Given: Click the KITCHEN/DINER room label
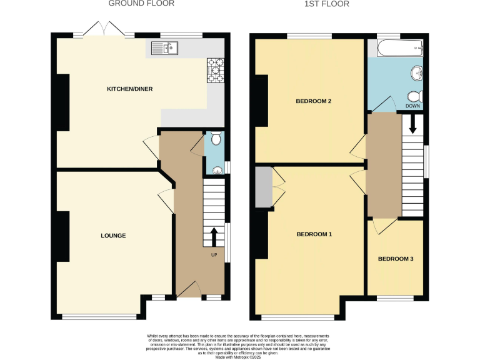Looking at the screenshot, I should coord(129,89).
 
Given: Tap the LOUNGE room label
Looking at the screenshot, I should coord(113,236).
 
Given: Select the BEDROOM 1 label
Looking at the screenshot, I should coord(314,234).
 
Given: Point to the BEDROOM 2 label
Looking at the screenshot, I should coord(313,101).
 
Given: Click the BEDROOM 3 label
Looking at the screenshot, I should coord(396,259).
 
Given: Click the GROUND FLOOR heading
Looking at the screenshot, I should coord(141,4).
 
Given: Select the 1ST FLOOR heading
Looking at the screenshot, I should coord(326,4).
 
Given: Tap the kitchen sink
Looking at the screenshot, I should coord(165,47).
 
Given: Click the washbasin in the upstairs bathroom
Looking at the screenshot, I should coord(416,74).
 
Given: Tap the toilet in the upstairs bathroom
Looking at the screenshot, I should coord(414,97).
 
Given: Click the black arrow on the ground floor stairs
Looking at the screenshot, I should coord(214,237).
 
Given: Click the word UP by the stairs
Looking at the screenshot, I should coord(214,254).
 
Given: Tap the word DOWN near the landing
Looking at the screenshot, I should coord(412,106).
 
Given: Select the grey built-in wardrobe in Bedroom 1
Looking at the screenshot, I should coord(263,186).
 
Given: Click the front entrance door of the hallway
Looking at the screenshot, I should coord(189,289).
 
